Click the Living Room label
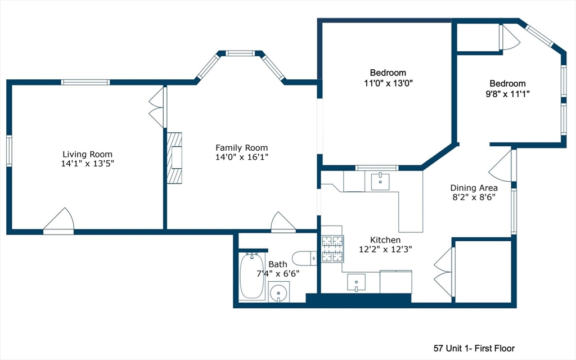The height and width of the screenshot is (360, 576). (87, 154)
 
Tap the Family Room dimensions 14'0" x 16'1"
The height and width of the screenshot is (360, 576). (242, 157)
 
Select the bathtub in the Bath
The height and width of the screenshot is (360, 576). (252, 276)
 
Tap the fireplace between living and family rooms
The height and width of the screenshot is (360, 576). (175, 158)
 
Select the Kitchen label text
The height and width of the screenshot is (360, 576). (385, 240)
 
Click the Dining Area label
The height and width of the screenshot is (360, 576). (474, 188)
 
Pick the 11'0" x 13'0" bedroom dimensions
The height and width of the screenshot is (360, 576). (388, 83)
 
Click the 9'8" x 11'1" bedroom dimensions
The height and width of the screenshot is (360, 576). (507, 93)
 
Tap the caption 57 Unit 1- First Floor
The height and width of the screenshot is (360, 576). (474, 348)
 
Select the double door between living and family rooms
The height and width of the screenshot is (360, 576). (157, 106)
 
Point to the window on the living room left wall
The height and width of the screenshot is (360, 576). (9, 151)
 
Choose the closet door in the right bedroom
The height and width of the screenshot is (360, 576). (510, 38)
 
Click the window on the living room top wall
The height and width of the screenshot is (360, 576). (85, 82)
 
